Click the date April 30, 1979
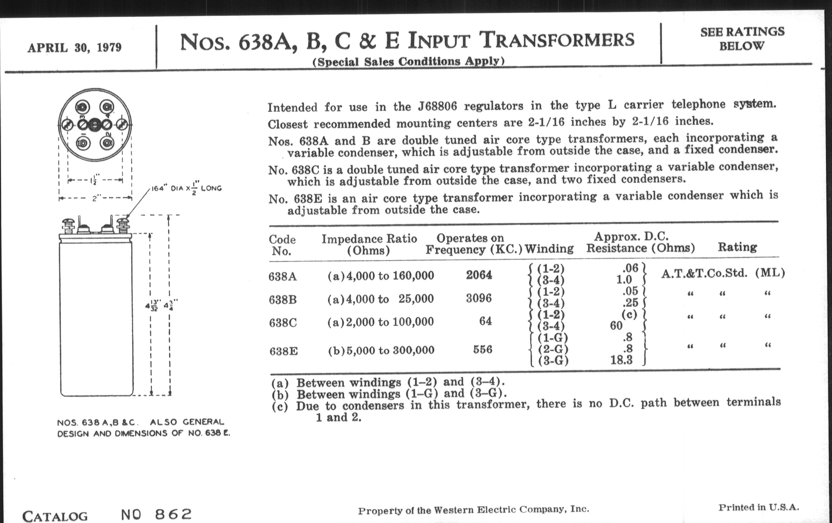click(x=74, y=47)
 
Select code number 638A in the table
click(x=283, y=277)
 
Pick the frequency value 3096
click(x=479, y=298)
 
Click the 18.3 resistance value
click(x=621, y=360)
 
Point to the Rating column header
click(x=737, y=247)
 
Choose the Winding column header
click(x=549, y=249)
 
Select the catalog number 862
click(x=173, y=514)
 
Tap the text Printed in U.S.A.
click(x=759, y=508)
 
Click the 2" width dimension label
click(x=96, y=199)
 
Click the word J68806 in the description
click(x=437, y=106)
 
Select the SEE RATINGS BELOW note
click(x=742, y=39)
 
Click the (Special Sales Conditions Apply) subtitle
click(x=408, y=62)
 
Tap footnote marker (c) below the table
click(x=279, y=406)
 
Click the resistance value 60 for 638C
click(x=616, y=325)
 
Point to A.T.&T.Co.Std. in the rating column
click(x=704, y=273)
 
